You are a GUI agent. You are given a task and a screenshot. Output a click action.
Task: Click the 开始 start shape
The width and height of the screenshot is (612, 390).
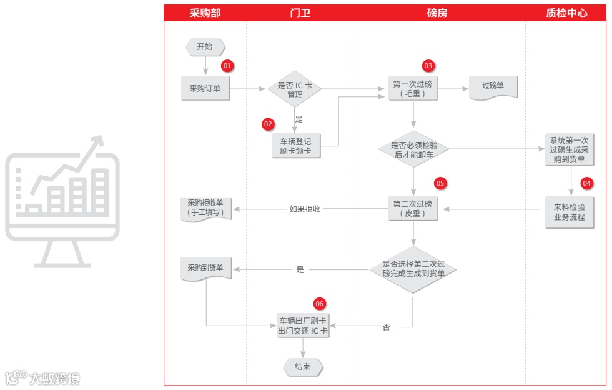[205, 47]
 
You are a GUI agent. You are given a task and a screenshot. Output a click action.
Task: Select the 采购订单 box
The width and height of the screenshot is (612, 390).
[205, 89]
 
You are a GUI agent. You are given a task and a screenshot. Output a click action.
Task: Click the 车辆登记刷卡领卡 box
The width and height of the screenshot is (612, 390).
[295, 146]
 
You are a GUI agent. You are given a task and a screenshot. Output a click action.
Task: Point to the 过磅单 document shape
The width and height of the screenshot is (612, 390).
[493, 87]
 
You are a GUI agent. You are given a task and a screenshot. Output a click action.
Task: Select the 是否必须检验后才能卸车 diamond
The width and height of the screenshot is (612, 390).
[413, 149]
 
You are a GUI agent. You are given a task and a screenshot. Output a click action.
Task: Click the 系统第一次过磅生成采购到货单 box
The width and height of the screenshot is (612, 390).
[568, 149]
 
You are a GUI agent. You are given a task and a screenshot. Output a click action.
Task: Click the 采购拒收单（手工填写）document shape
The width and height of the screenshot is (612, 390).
[205, 209]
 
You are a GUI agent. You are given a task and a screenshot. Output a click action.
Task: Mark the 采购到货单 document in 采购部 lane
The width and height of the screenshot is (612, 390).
[205, 269]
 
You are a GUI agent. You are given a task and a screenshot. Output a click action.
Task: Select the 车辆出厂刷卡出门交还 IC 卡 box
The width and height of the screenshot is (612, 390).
[303, 326]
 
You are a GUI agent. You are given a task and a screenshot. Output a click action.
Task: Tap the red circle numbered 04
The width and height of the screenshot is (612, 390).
[586, 184]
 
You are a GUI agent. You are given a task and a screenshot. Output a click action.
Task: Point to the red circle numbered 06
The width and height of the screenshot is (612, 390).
[320, 304]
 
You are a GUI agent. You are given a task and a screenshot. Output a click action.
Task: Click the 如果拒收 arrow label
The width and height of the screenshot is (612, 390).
[305, 209]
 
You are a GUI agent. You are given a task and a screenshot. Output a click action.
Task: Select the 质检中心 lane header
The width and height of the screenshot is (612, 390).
[566, 13]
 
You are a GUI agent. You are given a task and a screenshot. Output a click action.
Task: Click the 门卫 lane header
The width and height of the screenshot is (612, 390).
[300, 13]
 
